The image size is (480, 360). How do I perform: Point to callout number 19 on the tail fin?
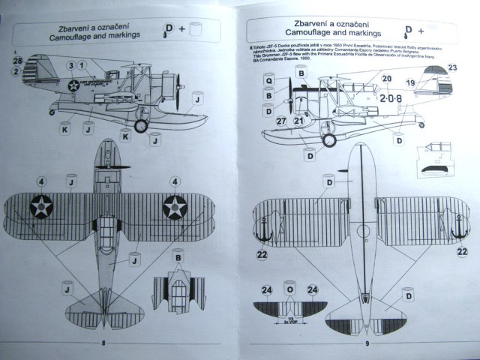click(410, 82)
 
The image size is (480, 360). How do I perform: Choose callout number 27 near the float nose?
click(281, 121)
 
